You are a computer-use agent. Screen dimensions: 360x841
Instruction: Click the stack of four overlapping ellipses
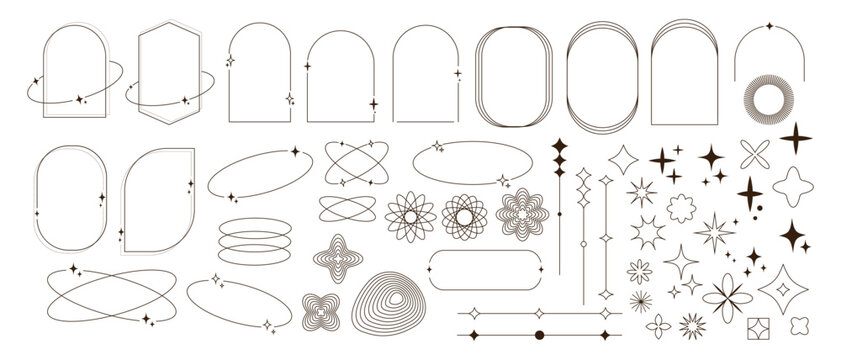[244, 240]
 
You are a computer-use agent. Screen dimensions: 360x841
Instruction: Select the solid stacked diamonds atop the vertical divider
[557, 155]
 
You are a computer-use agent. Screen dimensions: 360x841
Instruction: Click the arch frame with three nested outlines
[684, 70]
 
